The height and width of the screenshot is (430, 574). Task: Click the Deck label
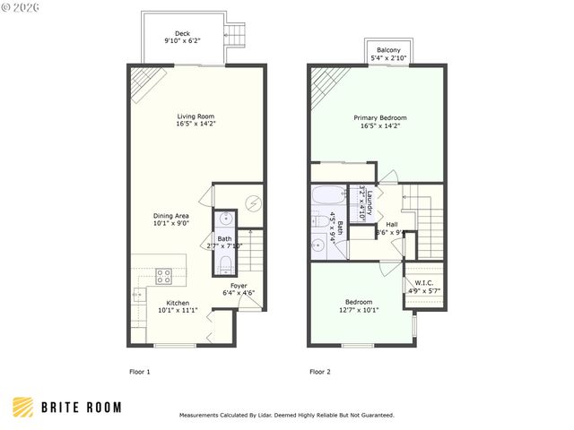click(183, 32)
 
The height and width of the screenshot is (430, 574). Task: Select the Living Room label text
click(195, 116)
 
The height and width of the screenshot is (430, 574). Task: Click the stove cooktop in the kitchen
click(164, 275)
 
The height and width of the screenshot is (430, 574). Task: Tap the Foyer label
click(238, 286)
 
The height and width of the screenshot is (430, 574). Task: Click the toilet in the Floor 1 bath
click(225, 262)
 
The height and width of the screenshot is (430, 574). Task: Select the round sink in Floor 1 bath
click(225, 218)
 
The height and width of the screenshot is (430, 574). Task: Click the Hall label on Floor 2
click(392, 224)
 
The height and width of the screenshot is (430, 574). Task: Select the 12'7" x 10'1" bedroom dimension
click(359, 310)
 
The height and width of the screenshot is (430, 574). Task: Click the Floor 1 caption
click(141, 371)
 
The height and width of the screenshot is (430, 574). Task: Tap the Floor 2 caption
click(320, 371)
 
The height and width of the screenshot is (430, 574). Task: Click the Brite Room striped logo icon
click(24, 408)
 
